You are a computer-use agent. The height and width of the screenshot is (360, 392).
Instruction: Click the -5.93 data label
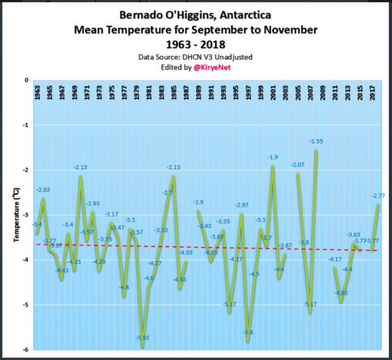pos(142,352)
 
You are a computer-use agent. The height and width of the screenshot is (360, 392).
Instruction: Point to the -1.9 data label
pos(273,157)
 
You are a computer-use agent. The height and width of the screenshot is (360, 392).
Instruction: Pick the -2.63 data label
pos(43,190)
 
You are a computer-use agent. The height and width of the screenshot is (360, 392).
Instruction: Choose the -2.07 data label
pos(297,165)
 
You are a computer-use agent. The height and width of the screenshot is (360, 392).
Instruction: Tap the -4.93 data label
pos(341,293)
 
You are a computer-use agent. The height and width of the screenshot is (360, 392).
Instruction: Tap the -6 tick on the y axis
pos(26,350)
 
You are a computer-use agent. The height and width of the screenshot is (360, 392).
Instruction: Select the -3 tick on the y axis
pos(26,215)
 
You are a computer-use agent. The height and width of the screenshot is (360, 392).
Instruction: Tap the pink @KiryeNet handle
pos(212,67)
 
